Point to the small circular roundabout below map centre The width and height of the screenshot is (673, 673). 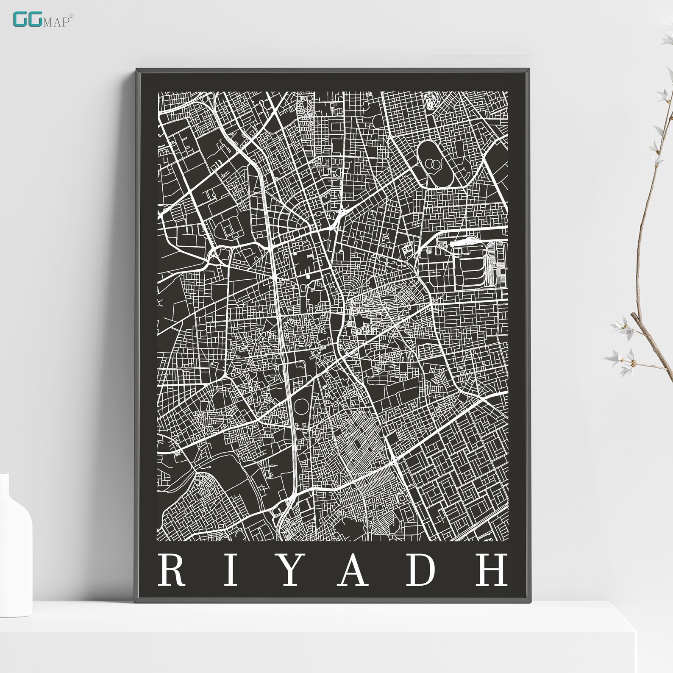(x=302, y=407)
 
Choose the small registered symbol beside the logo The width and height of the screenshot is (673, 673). (x=71, y=16)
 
